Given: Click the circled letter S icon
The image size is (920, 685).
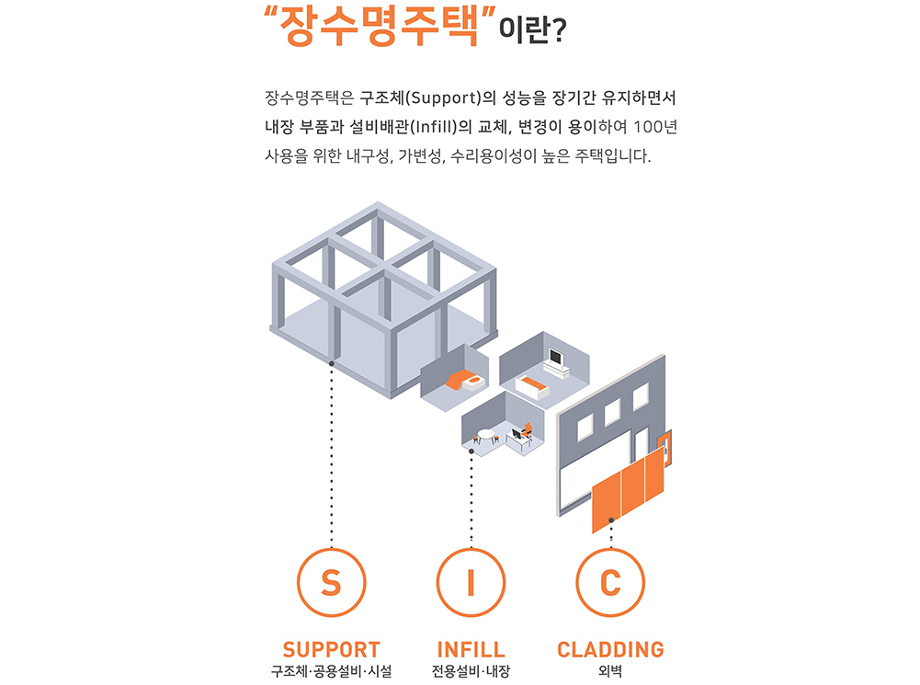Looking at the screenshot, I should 331,583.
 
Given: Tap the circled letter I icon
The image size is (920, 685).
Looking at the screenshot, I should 471,583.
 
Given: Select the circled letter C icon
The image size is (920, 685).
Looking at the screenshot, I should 610,583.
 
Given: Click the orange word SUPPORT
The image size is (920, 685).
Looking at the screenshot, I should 331,650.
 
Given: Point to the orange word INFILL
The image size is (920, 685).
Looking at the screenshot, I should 471,650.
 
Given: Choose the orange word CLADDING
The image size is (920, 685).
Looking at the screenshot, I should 610,650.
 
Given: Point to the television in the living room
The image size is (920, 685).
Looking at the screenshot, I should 556,356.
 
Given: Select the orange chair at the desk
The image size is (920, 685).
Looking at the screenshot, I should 527,428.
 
